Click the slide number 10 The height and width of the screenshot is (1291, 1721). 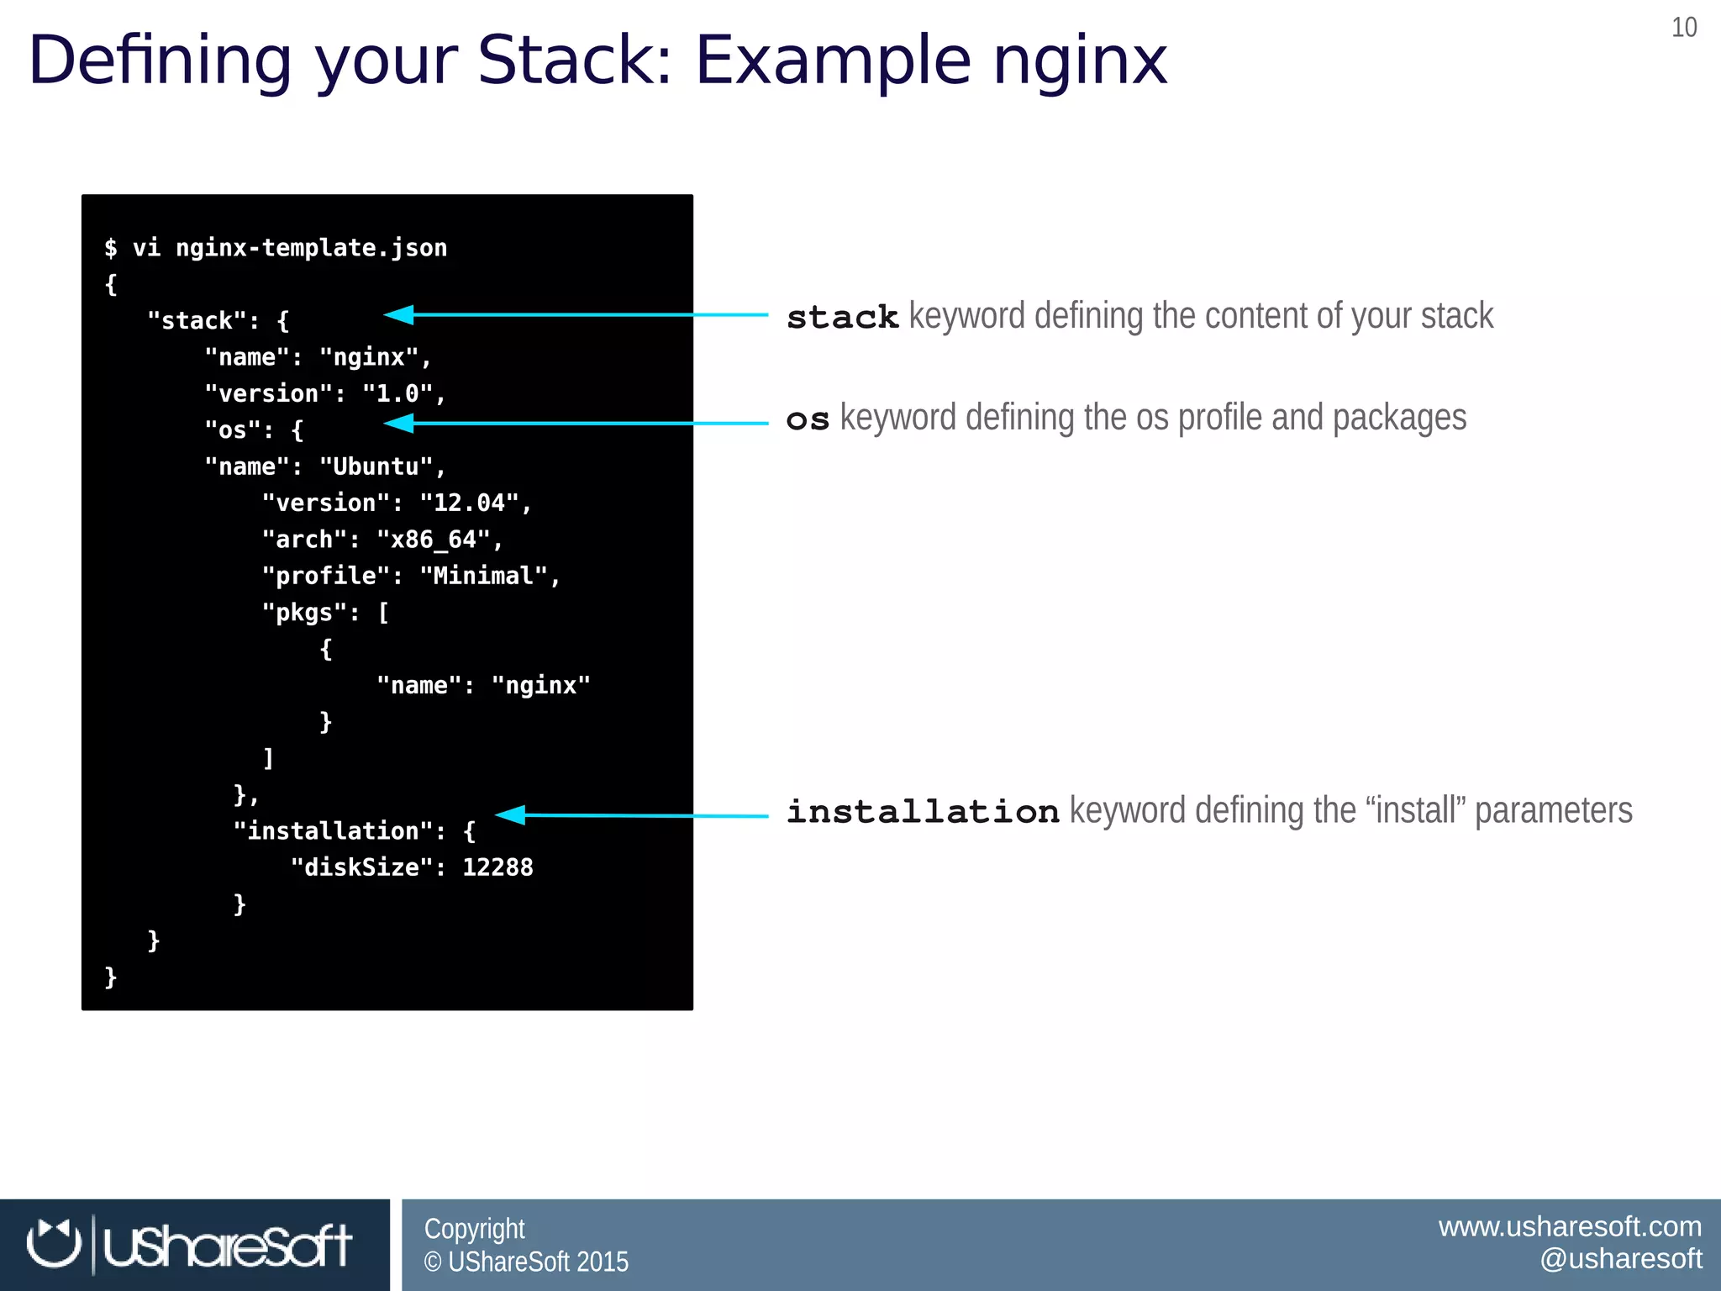[1684, 28]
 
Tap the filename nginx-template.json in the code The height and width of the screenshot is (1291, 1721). [311, 248]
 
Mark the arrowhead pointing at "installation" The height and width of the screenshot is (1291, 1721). [510, 814]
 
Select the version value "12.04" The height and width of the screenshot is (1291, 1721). [469, 503]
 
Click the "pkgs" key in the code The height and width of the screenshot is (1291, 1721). [303, 612]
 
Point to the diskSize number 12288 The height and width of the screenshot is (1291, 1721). [497, 867]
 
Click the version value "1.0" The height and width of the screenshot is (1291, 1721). [397, 393]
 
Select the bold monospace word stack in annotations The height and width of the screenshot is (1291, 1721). [842, 318]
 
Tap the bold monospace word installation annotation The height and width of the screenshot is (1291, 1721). [923, 812]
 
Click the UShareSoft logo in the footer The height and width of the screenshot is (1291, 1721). [190, 1245]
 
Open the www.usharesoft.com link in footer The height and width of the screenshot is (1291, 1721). [1570, 1226]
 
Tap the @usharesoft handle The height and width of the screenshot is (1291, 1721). [1620, 1259]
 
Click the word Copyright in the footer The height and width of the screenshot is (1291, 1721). [474, 1229]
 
